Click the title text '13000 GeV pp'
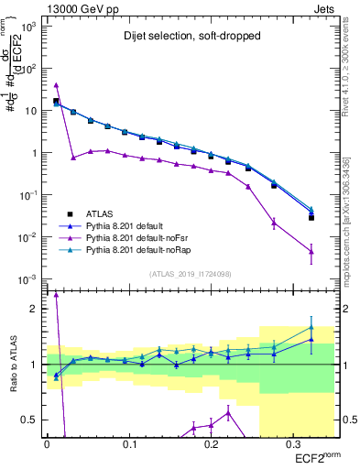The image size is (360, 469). [x=79, y=8]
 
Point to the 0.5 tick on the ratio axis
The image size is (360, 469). [x=32, y=420]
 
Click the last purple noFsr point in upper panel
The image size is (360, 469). [x=311, y=252]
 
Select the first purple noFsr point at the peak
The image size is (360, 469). [x=56, y=85]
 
